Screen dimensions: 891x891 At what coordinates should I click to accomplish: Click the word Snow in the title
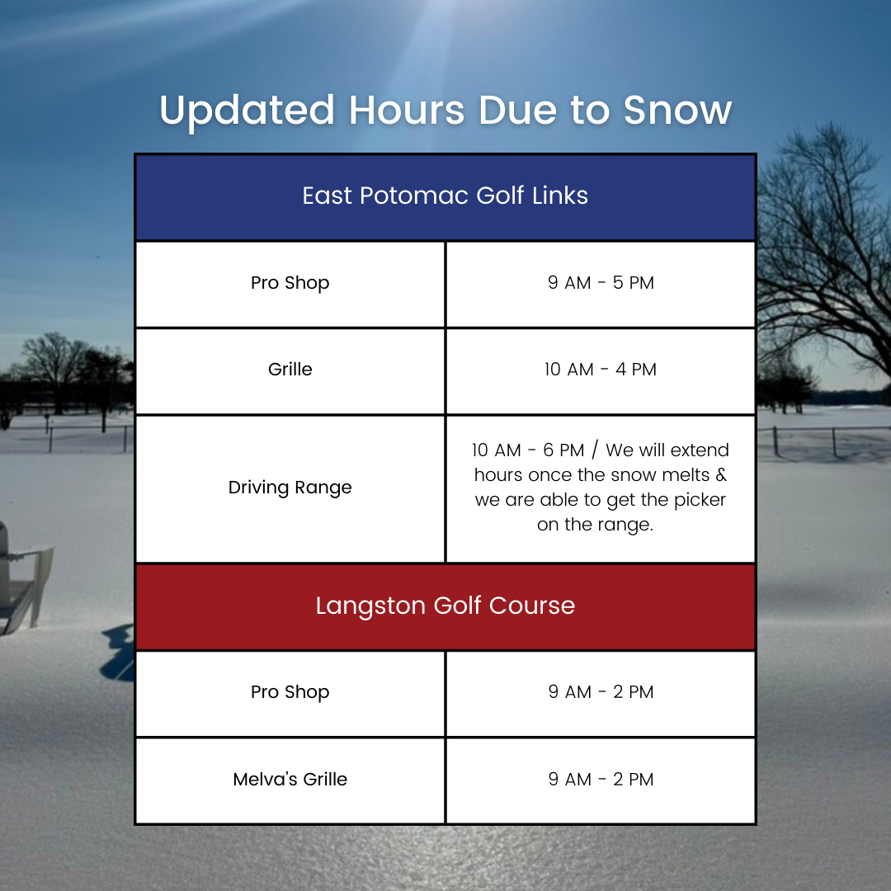pos(677,110)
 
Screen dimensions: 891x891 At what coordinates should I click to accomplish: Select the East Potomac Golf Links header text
pos(445,196)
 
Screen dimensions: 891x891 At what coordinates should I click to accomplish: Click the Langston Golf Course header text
pos(445,606)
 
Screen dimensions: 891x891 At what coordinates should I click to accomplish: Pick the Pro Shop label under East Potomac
pos(290,283)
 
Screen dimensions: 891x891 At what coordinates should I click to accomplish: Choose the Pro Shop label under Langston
pos(290,692)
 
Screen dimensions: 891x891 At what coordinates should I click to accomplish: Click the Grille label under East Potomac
pos(290,370)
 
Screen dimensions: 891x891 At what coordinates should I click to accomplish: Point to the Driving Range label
pos(290,488)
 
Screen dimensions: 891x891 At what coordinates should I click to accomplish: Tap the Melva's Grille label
pos(290,779)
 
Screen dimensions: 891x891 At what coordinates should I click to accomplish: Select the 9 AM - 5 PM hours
pos(601,282)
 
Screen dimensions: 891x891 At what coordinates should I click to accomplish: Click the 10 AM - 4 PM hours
pos(601,370)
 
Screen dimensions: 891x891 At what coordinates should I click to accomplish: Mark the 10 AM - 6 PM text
pos(528,450)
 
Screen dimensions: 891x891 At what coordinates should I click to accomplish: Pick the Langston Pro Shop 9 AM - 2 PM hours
pos(601,691)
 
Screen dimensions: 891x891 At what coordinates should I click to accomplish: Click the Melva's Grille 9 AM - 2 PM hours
pos(601,779)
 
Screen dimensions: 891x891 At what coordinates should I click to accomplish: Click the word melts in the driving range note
pos(682,475)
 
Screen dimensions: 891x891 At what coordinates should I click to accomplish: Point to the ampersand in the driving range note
pos(721,475)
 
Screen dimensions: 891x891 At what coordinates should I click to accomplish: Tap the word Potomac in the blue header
pos(413,196)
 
